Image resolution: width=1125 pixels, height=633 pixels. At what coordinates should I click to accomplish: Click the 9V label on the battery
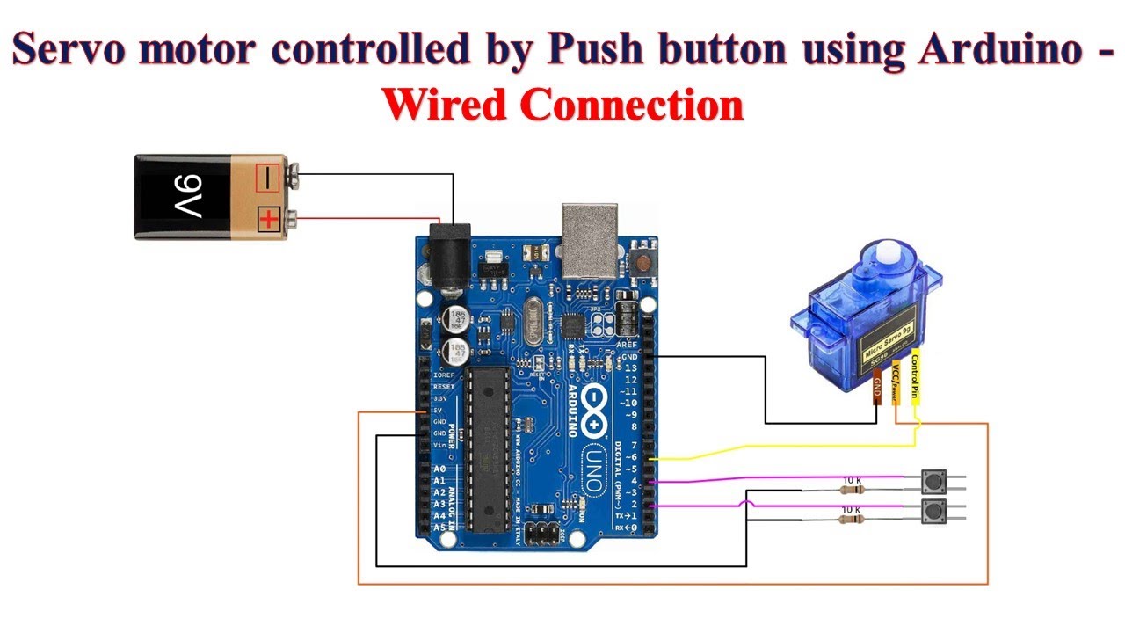coord(187,197)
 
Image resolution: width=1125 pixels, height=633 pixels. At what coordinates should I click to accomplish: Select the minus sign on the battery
coord(269,178)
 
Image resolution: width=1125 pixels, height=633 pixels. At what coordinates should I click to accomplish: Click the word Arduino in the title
coord(998,51)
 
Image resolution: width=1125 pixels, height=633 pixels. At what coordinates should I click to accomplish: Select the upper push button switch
coord(933,482)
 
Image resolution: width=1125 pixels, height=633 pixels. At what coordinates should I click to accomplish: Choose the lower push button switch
coord(933,512)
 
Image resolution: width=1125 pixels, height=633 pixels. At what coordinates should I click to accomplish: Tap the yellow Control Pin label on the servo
coord(915,375)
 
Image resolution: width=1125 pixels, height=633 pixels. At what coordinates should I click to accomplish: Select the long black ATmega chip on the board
coord(485,448)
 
